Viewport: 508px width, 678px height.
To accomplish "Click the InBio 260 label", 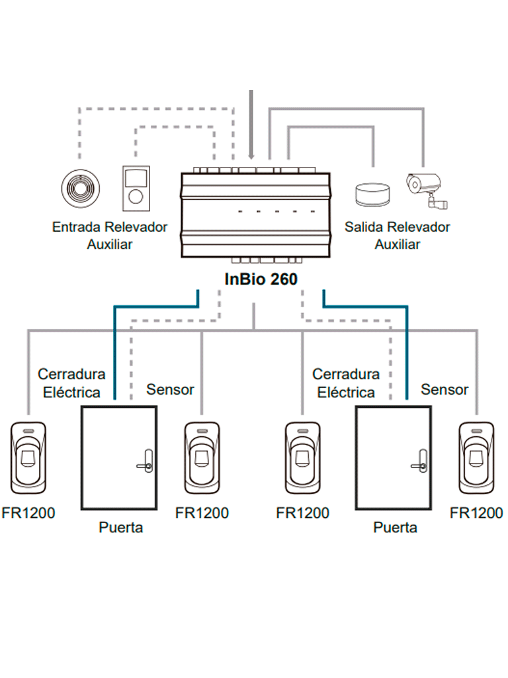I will [261, 279].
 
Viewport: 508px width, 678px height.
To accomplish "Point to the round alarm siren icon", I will [372, 195].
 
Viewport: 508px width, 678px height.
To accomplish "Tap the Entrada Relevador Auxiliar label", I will [110, 235].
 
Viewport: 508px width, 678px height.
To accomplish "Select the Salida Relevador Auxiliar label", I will [397, 235].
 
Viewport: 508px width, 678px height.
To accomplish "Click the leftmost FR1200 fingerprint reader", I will [28, 458].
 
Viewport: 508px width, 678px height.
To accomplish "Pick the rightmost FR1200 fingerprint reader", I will [476, 458].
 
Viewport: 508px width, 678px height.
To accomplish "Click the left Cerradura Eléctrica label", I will [71, 383].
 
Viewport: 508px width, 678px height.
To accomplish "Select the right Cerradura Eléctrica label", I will [346, 383].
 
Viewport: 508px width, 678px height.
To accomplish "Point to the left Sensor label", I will [170, 389].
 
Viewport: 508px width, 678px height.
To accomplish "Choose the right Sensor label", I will [444, 389].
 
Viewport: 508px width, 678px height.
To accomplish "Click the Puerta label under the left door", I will [121, 528].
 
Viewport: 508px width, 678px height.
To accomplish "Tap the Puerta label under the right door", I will [396, 528].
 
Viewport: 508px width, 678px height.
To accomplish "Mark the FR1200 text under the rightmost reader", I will [476, 513].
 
